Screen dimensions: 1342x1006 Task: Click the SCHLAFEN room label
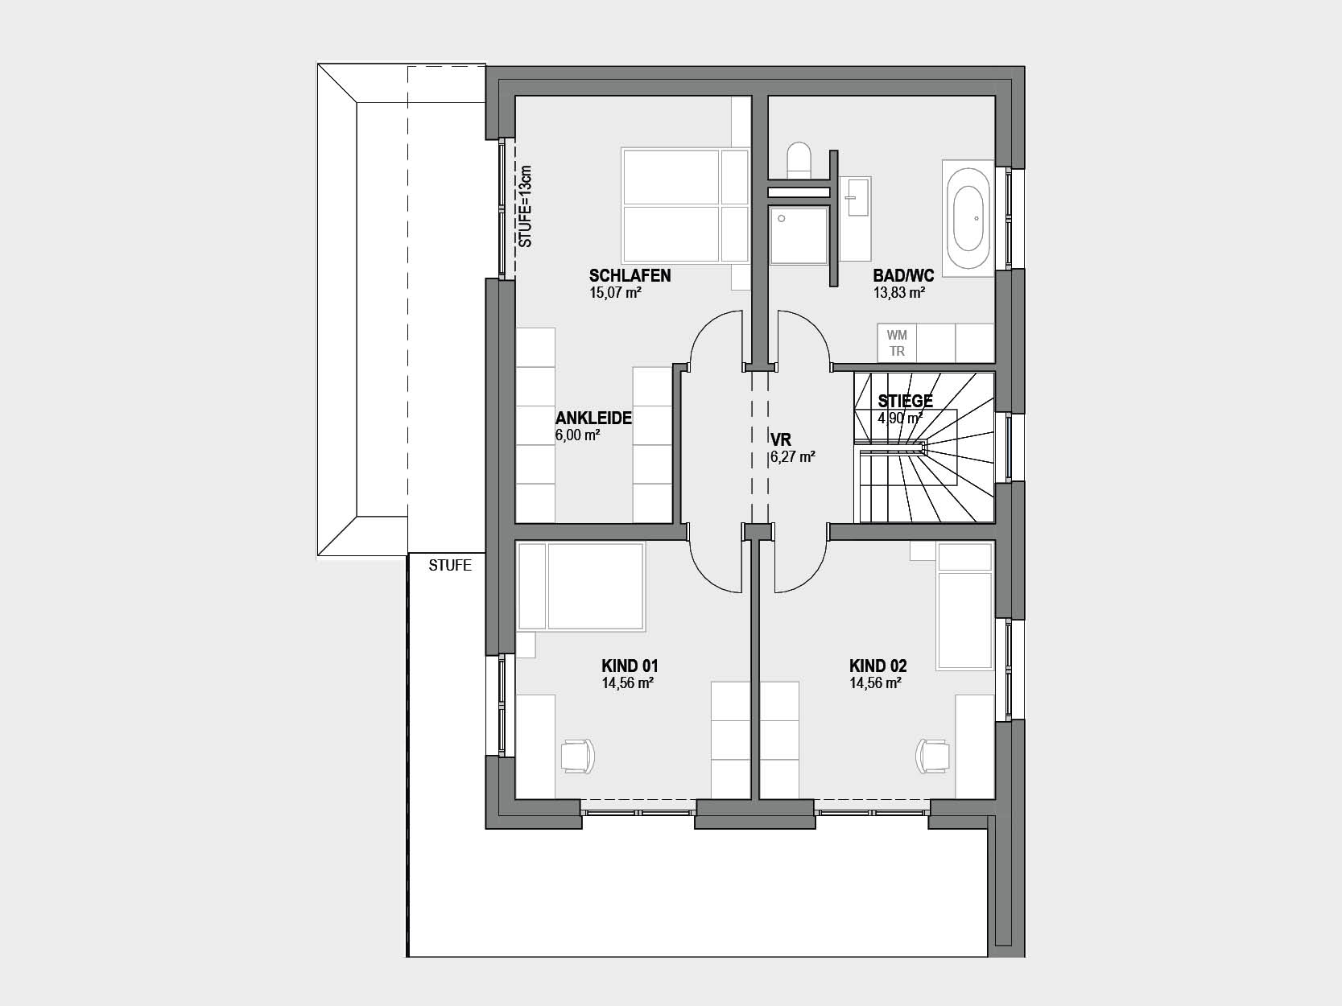[630, 275]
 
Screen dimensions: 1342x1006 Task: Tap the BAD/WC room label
[903, 275]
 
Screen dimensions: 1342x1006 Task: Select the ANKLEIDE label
[593, 418]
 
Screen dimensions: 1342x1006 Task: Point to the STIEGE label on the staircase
[906, 401]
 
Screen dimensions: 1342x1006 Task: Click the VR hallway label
[781, 439]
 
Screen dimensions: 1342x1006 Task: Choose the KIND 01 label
[630, 666]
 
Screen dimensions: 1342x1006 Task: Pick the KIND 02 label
[878, 666]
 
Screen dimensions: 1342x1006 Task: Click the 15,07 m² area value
[615, 293]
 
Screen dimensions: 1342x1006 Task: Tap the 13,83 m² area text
[898, 293]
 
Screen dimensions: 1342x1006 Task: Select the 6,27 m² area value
[793, 456]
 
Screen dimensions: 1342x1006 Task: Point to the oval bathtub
[968, 218]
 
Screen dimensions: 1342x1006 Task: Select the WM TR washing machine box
[897, 343]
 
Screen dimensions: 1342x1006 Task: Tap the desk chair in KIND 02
[932, 756]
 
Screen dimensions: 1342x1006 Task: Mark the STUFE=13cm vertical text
[525, 206]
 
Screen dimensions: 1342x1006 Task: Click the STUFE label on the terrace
[450, 565]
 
